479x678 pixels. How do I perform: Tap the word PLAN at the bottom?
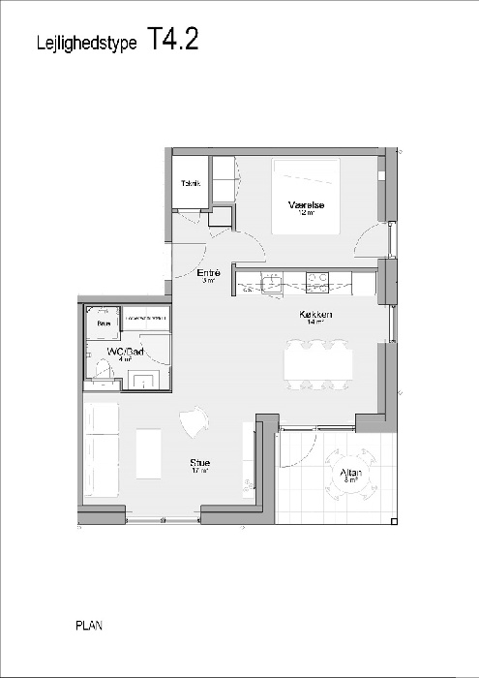point(89,626)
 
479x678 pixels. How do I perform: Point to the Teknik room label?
point(190,182)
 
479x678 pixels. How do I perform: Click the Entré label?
point(209,273)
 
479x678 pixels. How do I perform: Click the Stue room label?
point(200,463)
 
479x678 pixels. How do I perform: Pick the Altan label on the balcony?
point(349,473)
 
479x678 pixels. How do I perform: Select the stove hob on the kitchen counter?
point(317,283)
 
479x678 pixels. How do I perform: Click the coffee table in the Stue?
point(149,452)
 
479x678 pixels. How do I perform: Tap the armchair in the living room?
point(194,421)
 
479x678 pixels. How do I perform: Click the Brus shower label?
point(102,323)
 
